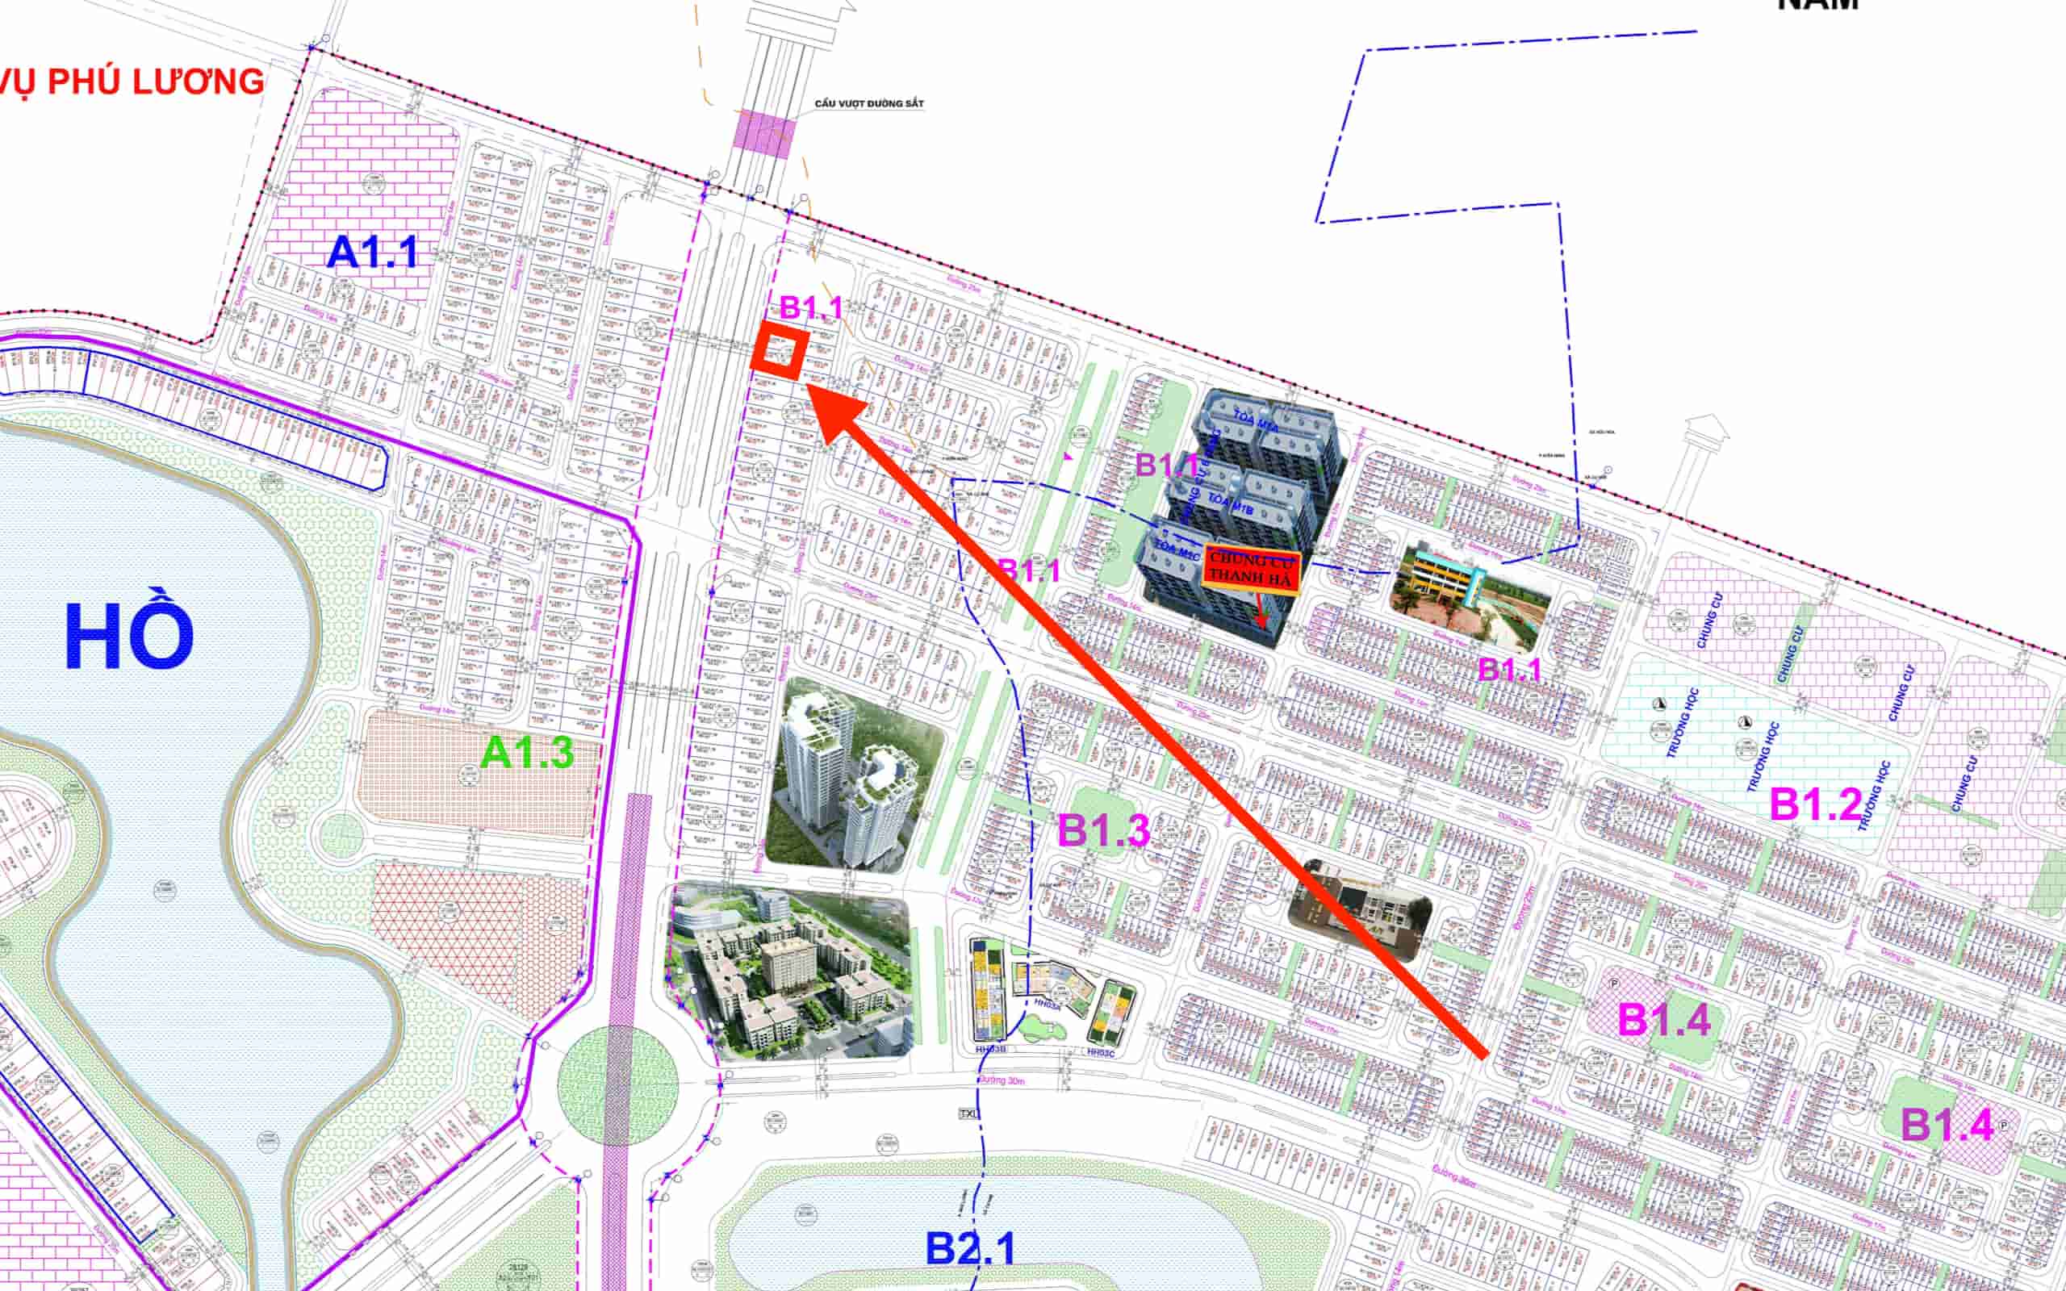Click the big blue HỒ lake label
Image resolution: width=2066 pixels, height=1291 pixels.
tap(130, 637)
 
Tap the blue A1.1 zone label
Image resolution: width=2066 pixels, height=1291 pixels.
tap(373, 253)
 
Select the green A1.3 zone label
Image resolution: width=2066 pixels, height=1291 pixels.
tap(528, 752)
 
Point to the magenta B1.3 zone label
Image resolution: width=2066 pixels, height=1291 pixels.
tap(1104, 830)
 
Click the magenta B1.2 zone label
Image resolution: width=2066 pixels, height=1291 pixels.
tap(1815, 804)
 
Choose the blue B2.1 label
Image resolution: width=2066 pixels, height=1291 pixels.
tap(971, 1248)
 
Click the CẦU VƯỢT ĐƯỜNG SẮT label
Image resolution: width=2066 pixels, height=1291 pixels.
tap(869, 103)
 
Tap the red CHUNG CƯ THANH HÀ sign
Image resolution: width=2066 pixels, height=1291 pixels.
tap(1252, 569)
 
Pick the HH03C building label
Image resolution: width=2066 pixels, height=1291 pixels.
tap(1101, 1053)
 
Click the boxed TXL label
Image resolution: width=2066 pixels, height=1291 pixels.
tap(968, 1114)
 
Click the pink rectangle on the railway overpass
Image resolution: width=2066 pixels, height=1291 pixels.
tap(765, 134)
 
